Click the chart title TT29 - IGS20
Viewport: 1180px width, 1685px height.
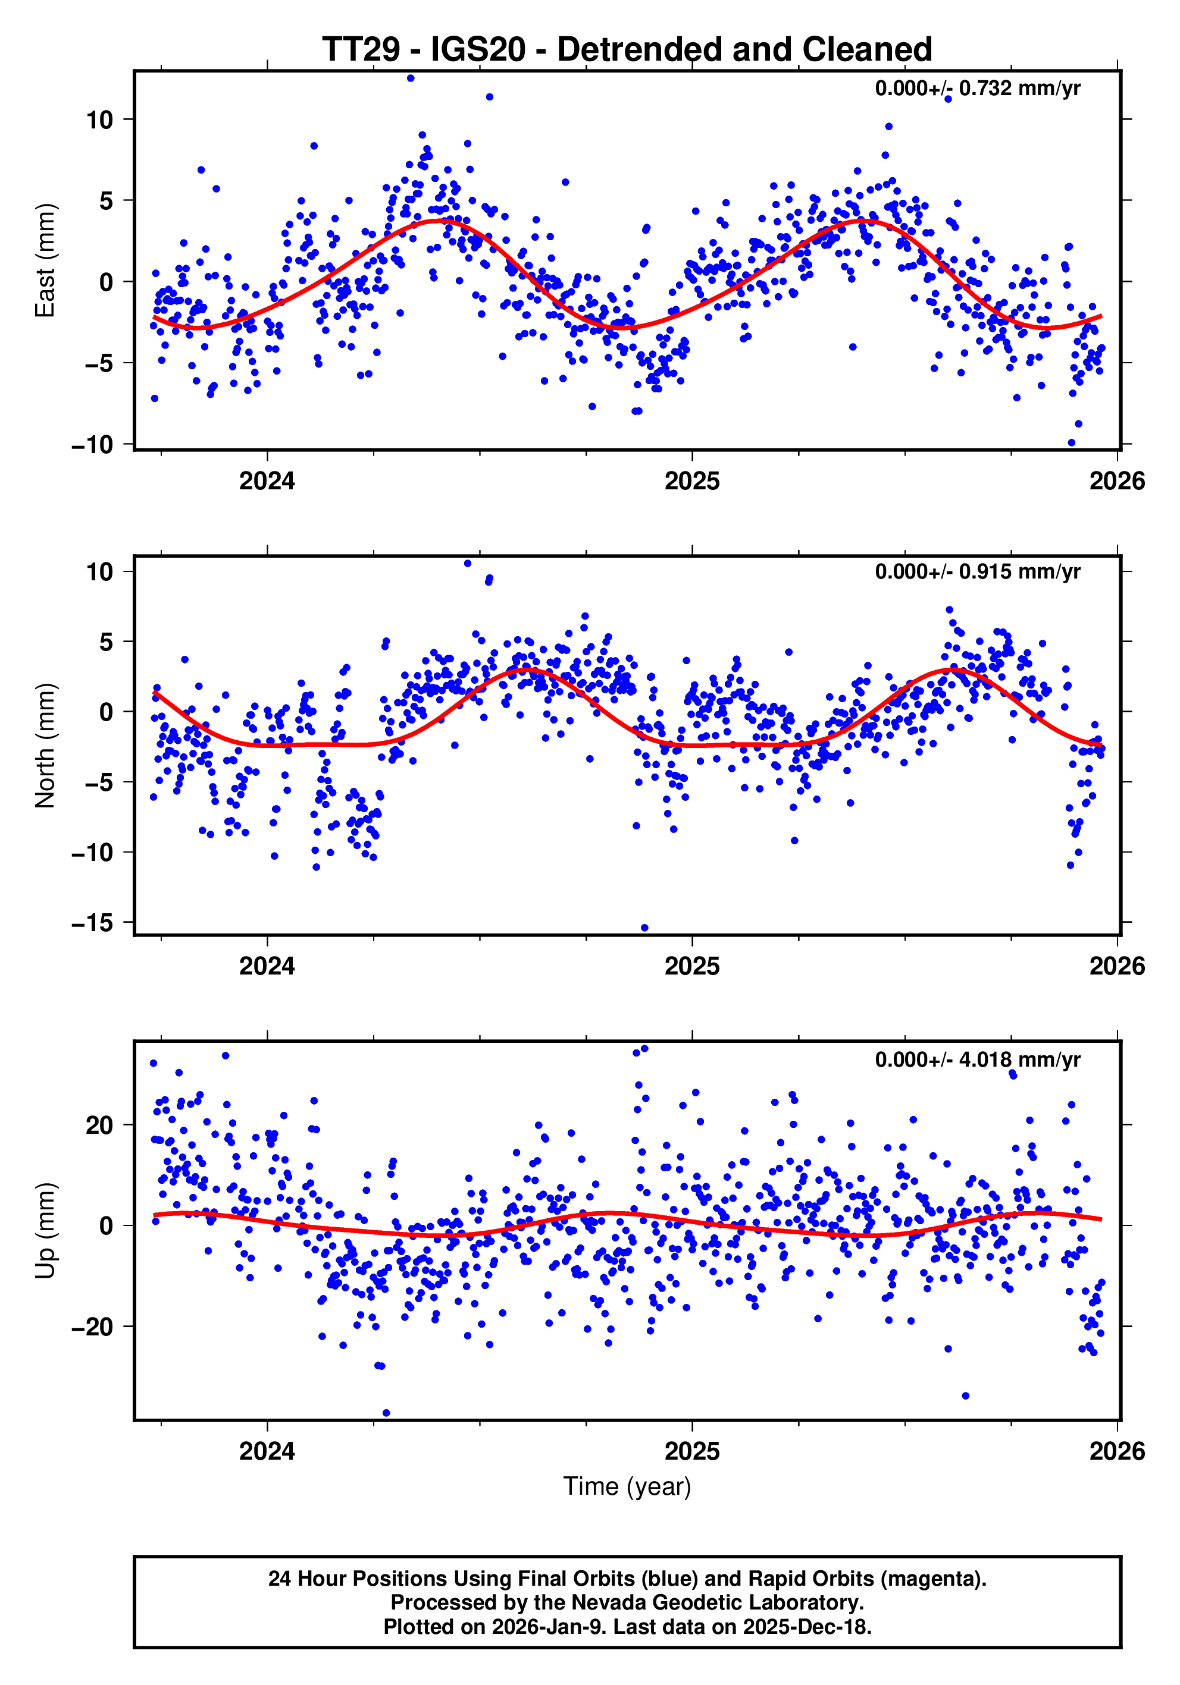click(x=627, y=50)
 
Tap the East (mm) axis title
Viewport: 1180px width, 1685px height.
click(x=46, y=260)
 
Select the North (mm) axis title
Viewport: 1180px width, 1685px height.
click(x=46, y=745)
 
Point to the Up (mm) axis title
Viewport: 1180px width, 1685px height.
click(x=46, y=1231)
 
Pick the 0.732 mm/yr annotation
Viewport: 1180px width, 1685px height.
click(x=977, y=89)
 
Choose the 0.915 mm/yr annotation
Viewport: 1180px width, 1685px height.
click(x=977, y=572)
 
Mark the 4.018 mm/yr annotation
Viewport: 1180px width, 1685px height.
click(x=977, y=1060)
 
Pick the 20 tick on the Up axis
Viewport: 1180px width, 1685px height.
click(x=99, y=1125)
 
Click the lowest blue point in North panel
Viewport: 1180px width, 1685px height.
click(x=644, y=928)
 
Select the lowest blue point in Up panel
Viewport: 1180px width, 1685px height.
click(x=386, y=1413)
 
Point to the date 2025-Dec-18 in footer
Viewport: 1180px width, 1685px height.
click(x=806, y=1627)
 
